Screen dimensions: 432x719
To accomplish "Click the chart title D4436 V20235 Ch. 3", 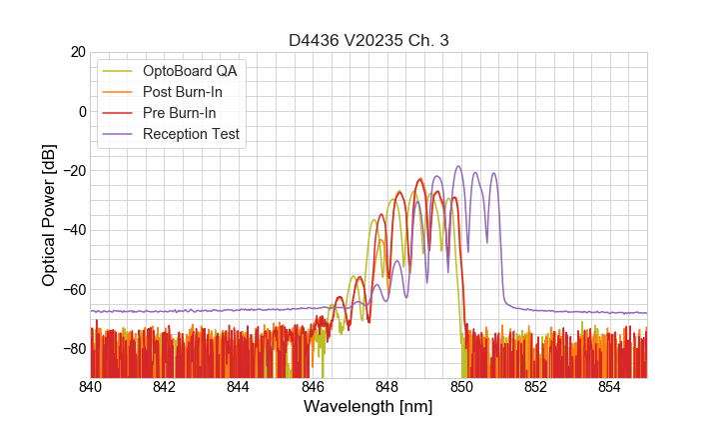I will [x=368, y=40].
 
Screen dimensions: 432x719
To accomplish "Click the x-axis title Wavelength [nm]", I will [x=368, y=407].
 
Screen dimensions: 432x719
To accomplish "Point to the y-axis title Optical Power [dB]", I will [x=49, y=215].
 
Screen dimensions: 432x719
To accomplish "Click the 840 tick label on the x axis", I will [x=91, y=387].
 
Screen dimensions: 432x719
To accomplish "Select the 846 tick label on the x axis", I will [x=314, y=387].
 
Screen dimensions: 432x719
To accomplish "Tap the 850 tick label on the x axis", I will [x=461, y=387].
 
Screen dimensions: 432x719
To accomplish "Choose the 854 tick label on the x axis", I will [x=610, y=387].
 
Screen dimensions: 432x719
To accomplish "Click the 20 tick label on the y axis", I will [x=77, y=52].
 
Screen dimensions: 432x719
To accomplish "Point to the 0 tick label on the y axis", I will [x=81, y=111].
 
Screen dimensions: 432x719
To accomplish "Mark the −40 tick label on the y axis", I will [x=73, y=230].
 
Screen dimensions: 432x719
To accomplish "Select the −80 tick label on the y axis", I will [x=73, y=349].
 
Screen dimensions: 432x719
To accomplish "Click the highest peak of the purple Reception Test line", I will [x=458, y=167].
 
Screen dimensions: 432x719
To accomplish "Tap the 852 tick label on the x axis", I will [x=536, y=387].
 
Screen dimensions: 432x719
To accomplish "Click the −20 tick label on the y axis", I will [x=73, y=171].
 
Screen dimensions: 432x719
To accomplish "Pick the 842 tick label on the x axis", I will [x=165, y=387].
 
